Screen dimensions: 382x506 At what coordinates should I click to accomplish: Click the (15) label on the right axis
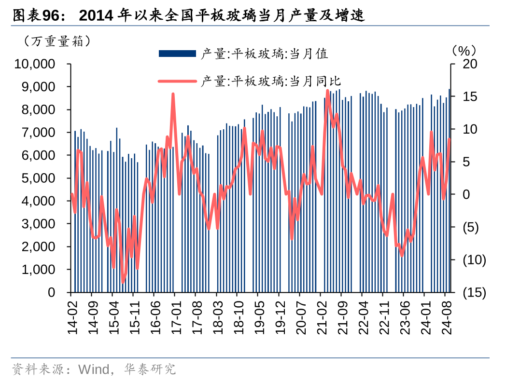[x=474, y=293]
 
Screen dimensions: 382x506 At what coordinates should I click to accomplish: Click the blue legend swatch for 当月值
[x=177, y=54]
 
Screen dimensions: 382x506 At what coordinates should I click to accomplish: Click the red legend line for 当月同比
[x=177, y=81]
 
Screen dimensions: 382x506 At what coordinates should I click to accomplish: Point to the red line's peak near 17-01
[x=173, y=94]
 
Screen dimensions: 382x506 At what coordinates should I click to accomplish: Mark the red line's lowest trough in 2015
[x=123, y=282]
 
